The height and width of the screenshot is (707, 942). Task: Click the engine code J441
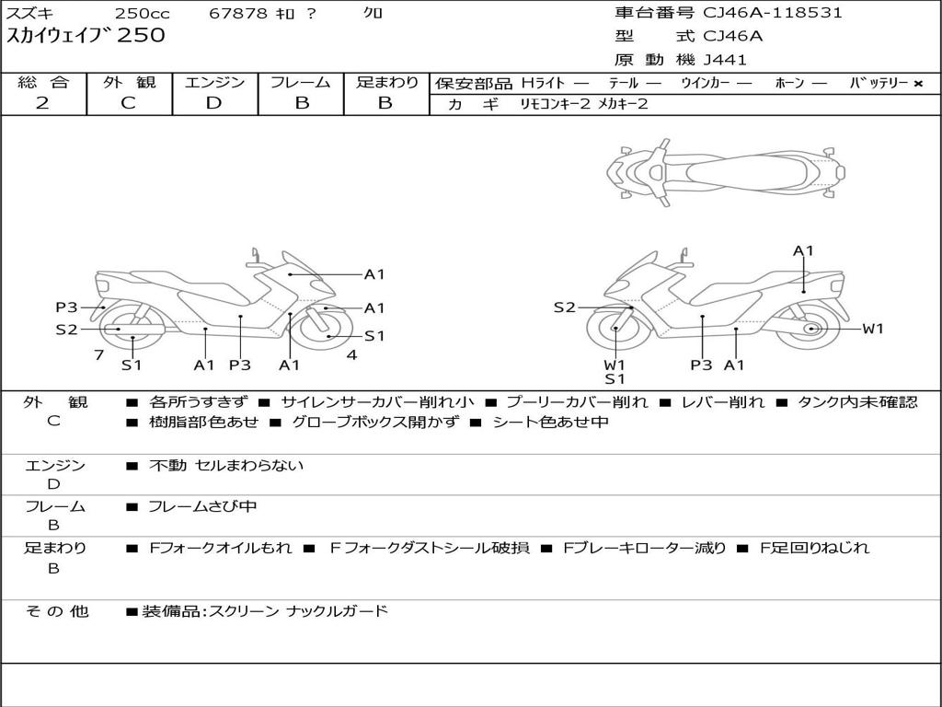coord(725,60)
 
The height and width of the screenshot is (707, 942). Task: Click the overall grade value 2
coord(42,103)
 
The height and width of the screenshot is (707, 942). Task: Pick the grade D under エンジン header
coord(213,103)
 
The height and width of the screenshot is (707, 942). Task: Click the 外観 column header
coord(129,83)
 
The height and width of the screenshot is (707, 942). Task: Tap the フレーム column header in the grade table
coord(301,83)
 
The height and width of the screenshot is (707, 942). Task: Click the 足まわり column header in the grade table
coord(386,83)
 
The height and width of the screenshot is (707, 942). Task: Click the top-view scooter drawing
coord(726,169)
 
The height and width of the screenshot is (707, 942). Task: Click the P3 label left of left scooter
coord(66,307)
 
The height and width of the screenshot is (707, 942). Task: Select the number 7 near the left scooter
coord(98,354)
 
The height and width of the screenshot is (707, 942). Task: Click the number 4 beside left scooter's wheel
coord(351,354)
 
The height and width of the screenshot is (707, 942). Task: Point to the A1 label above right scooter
coord(803,250)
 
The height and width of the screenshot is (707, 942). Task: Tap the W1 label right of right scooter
coord(872,329)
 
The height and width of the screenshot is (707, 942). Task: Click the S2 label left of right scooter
coord(564,307)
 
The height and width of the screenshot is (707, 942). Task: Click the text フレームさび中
coord(202,506)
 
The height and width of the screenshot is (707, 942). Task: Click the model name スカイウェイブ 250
coord(86,36)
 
